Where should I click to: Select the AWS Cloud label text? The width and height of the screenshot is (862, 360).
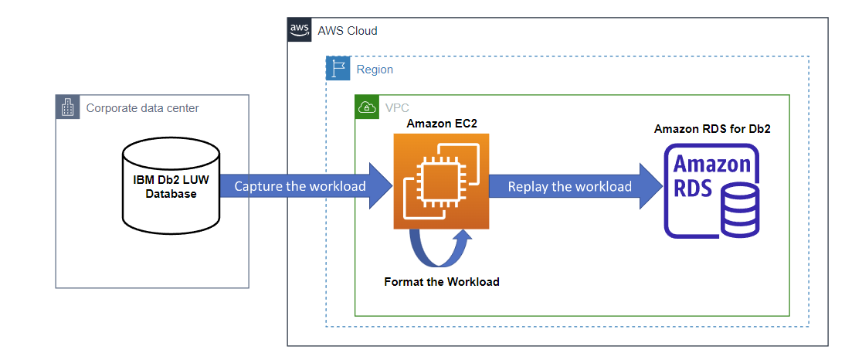(347, 30)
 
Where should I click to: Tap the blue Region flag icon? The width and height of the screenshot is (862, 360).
(338, 69)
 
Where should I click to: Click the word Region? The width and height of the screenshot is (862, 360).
(375, 70)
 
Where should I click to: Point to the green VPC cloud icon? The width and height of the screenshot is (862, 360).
(367, 107)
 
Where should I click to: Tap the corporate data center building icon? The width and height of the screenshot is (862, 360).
(67, 107)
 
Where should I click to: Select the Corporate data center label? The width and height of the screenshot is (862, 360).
(142, 108)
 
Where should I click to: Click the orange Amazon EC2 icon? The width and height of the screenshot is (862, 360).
(441, 182)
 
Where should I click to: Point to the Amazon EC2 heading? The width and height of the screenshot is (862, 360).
(441, 124)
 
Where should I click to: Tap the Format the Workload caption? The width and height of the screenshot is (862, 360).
(441, 282)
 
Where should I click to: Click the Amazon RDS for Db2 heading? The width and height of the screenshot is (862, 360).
(711, 129)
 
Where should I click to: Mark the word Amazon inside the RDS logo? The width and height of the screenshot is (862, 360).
(711, 164)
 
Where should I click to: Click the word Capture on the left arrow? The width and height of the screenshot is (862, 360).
(258, 186)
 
